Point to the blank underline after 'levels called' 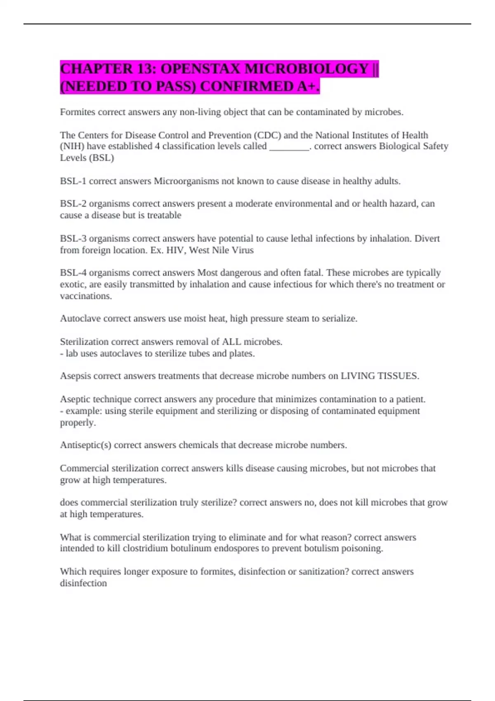(289, 147)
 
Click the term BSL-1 (73, 181)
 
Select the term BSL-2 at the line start (73, 204)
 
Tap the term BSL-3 (73, 238)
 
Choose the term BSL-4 (73, 273)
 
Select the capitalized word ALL (231, 341)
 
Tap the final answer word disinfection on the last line (83, 583)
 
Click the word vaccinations (86, 296)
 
